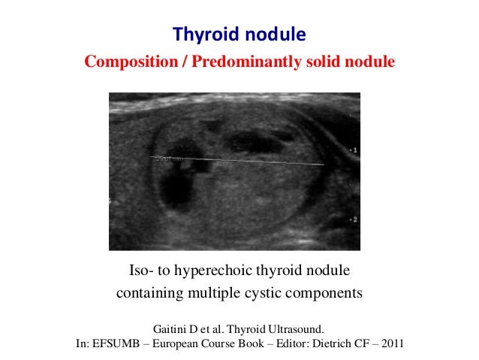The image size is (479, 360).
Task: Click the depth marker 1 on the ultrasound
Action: point(354,150)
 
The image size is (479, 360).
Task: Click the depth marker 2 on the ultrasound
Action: point(354,219)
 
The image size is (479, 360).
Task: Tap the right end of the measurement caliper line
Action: point(322,164)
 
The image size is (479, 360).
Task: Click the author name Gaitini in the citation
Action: point(172,329)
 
